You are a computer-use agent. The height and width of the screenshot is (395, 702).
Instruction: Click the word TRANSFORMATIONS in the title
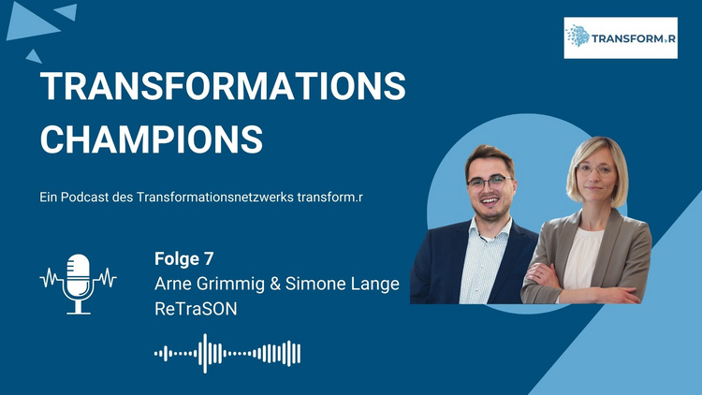[x=223, y=85]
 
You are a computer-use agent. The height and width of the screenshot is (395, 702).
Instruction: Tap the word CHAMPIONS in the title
[x=152, y=139]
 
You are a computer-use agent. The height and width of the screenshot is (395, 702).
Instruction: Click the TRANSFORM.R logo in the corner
[x=621, y=38]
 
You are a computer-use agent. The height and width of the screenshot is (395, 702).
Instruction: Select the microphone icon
[x=79, y=284]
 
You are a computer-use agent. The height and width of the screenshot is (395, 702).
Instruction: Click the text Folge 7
[x=184, y=259]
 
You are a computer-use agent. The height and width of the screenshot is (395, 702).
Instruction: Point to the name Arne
[x=172, y=284]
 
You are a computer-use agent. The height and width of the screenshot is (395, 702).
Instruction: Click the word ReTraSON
[x=196, y=309]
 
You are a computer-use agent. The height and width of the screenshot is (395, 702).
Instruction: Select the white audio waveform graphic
[x=227, y=354]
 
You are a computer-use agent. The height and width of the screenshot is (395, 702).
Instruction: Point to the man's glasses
[x=490, y=183]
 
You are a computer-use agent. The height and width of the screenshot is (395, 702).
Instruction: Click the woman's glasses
[x=596, y=169]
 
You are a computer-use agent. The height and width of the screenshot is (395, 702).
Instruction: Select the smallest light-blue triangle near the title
[x=34, y=56]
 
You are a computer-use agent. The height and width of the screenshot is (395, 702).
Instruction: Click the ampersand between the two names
[x=275, y=285]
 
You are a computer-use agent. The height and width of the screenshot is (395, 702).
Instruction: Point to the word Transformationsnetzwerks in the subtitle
[x=215, y=197]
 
